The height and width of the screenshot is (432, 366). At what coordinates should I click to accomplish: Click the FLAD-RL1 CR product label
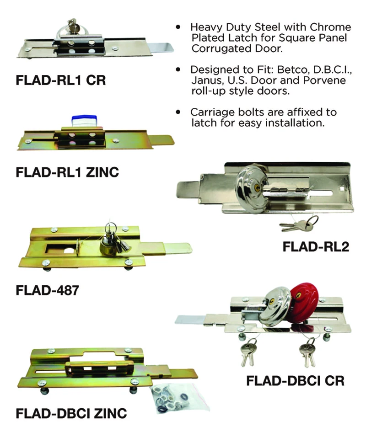click(x=60, y=81)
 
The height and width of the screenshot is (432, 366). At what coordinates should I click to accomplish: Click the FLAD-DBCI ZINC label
click(x=71, y=414)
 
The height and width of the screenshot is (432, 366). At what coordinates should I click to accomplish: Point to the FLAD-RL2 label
click(x=316, y=247)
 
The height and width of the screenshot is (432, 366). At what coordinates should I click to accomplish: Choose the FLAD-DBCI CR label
click(x=295, y=380)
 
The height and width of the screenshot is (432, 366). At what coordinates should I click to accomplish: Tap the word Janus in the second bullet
click(x=205, y=80)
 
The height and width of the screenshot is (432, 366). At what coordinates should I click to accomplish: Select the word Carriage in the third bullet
click(x=213, y=112)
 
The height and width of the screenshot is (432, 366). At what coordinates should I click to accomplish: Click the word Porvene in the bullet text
click(x=326, y=80)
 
